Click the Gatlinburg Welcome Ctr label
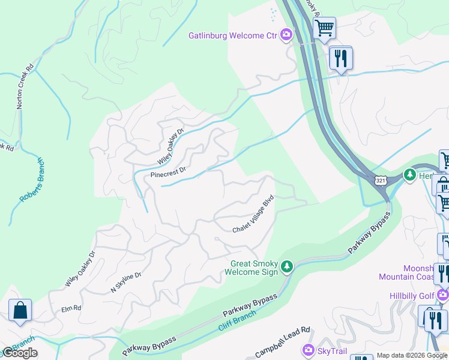233,35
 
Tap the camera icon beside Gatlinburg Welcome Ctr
287,35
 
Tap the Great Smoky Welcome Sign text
252,268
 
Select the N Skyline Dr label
125,283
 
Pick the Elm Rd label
71,309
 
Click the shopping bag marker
20,311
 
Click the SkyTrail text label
331,349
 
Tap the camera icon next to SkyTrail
309,349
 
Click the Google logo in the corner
20,353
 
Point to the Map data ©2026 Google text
411,355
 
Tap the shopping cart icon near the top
324,27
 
